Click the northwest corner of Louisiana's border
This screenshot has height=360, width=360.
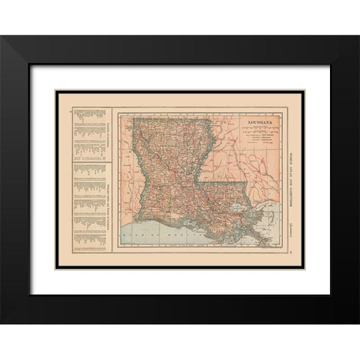(x=133, y=118)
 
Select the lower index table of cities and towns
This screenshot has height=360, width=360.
(x=89, y=202)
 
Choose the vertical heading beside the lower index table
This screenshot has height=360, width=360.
(x=106, y=202)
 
